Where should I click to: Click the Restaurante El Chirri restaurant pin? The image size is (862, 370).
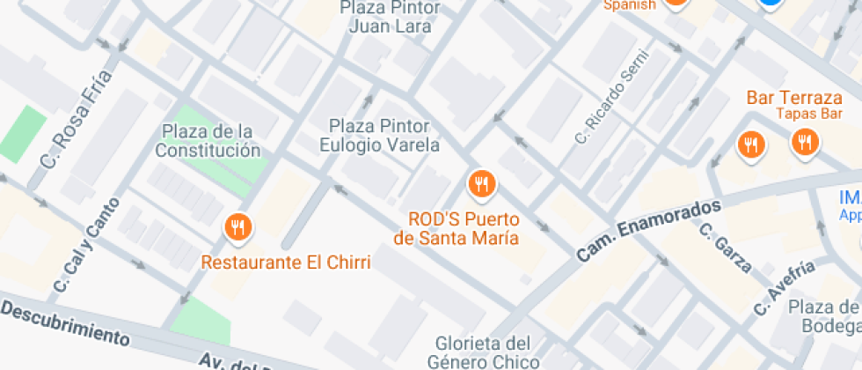(237, 228)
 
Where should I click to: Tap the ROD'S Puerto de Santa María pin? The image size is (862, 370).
(480, 183)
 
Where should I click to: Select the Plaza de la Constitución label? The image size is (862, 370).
(208, 141)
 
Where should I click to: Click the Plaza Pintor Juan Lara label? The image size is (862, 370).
(390, 17)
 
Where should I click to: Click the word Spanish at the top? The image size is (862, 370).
(629, 4)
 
